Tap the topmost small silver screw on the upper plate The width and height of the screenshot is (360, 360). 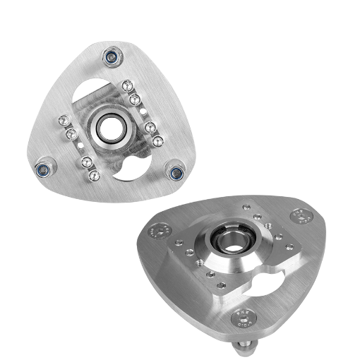pos(126,86)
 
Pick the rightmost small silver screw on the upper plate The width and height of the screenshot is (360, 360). pos(160,140)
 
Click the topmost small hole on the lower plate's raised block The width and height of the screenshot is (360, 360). pos(247,207)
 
